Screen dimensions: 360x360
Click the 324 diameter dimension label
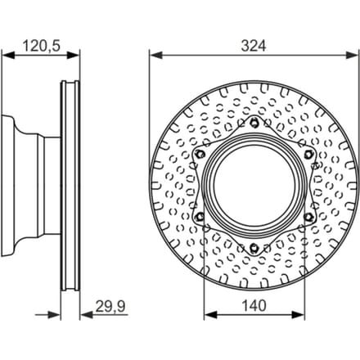[254, 46]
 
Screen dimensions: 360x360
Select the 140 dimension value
[254, 306]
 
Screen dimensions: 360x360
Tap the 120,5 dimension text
[41, 46]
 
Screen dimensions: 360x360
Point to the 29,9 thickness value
[110, 306]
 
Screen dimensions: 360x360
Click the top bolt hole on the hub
[254, 124]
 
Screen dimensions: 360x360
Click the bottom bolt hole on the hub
[254, 248]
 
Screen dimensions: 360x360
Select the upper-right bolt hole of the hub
[308, 155]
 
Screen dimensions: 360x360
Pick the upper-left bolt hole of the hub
[200, 155]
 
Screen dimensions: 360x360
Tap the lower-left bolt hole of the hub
[200, 217]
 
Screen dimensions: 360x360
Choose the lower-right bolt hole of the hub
[308, 217]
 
